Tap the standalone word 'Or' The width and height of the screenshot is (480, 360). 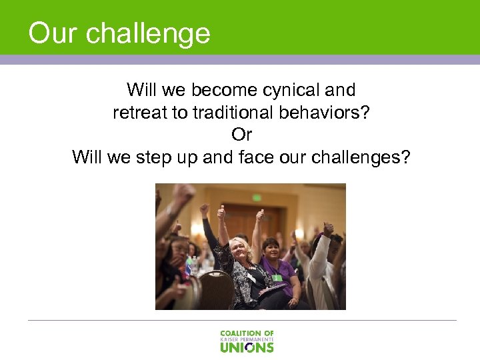coord(241,135)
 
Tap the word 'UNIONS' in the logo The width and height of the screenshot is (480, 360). coord(247,347)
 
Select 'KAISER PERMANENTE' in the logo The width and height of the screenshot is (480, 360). coord(247,339)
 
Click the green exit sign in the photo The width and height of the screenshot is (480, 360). coord(257,197)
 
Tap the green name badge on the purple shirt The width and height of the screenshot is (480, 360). coord(276,277)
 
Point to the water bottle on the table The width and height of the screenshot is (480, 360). coord(193,265)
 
